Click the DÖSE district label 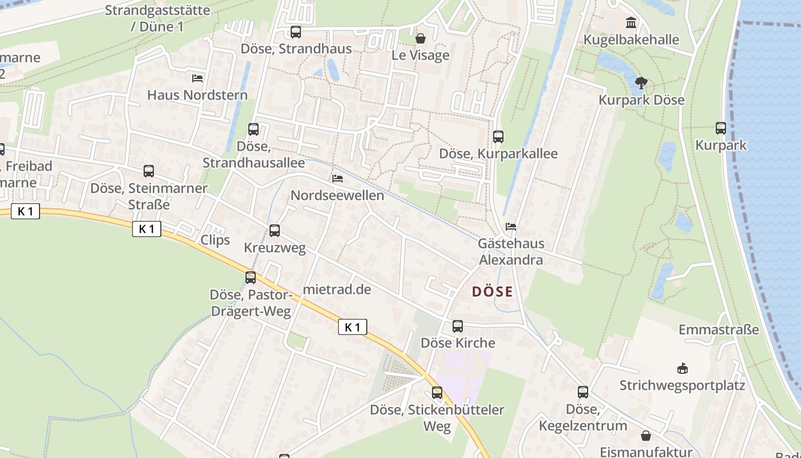pos(492,291)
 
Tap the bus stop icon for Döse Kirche pos(458,326)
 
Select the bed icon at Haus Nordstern pos(197,78)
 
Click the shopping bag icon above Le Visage pos(421,38)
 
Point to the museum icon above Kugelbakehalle pos(631,22)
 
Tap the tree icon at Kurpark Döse pos(641,83)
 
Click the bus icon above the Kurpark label pos(721,128)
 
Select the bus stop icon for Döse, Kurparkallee pos(498,136)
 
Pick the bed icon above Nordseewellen pos(338,179)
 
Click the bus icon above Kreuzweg pos(275,231)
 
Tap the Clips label pos(215,240)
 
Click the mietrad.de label pos(337,290)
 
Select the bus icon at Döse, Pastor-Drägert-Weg pos(251,278)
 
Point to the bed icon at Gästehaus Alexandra pos(511,227)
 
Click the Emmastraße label pos(719,330)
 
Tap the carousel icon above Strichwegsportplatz pos(682,368)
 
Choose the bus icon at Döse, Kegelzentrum pos(582,392)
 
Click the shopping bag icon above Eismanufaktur pos(646,436)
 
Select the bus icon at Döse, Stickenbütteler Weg pos(437,393)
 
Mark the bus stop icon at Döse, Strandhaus pos(296,32)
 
